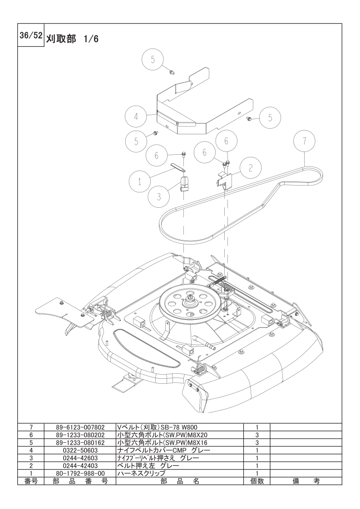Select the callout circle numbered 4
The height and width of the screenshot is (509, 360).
(136, 116)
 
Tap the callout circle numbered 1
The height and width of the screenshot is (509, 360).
(140, 181)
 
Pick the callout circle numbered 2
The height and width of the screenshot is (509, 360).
(251, 167)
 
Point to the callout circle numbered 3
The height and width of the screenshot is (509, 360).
(159, 196)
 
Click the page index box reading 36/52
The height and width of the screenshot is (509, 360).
(30, 37)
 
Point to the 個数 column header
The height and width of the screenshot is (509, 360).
(257, 481)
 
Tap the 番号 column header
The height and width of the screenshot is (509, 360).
(31, 481)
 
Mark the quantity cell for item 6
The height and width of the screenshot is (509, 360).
(257, 435)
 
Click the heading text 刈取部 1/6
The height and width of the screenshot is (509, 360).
(72, 39)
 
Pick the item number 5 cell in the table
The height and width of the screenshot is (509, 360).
(31, 442)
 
